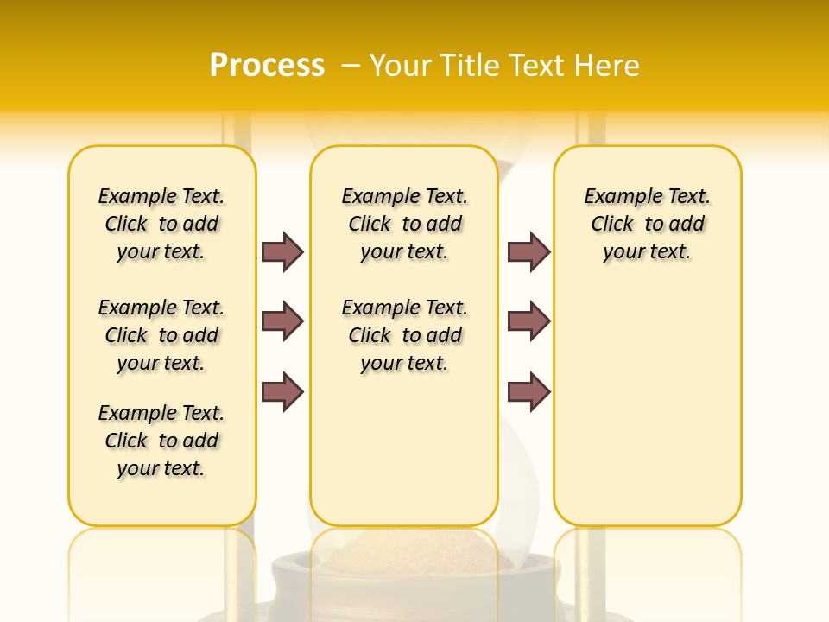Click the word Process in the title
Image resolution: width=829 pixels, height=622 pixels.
click(x=267, y=65)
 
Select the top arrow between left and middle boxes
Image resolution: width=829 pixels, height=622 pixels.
click(x=282, y=251)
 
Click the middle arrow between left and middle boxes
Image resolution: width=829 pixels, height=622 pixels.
click(x=282, y=321)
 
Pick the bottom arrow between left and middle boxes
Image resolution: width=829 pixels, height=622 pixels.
click(x=282, y=392)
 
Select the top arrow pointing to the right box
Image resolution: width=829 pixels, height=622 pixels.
click(x=528, y=251)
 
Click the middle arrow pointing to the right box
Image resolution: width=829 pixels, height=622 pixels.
click(x=528, y=321)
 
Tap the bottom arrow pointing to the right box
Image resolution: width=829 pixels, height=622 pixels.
click(x=528, y=392)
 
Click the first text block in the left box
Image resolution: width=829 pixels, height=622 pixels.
click(x=161, y=224)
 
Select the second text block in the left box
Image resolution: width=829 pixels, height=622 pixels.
click(x=161, y=335)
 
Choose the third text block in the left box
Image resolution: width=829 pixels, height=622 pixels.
click(x=161, y=441)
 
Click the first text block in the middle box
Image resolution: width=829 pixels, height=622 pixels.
click(x=405, y=224)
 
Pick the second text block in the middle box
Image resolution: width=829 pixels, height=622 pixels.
click(x=405, y=335)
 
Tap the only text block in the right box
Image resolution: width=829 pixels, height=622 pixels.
click(x=648, y=224)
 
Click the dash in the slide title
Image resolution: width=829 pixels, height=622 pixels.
click(x=351, y=66)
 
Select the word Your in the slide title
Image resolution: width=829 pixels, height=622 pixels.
click(x=402, y=66)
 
